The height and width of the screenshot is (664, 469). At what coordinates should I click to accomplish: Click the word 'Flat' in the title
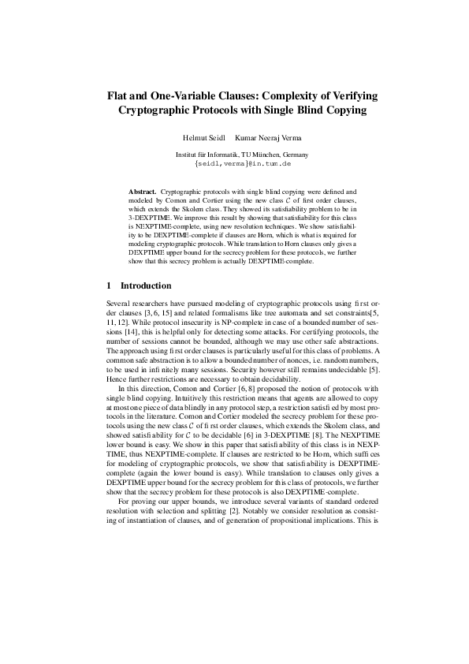(x=119, y=95)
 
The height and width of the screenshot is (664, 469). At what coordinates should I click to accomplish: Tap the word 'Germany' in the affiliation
(x=292, y=155)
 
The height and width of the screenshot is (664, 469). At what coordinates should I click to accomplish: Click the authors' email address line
(x=242, y=164)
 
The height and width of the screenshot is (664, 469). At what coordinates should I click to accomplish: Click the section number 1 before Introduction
(x=108, y=285)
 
